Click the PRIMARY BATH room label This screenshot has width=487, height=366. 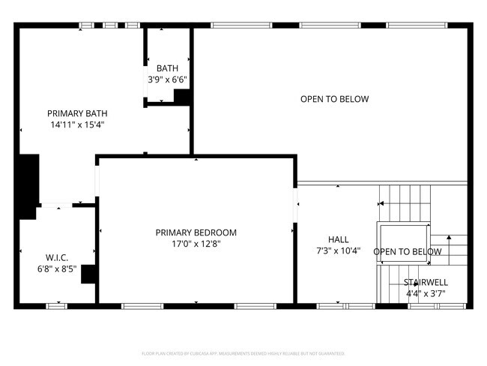point(76,112)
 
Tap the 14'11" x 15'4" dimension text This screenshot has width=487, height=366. point(76,124)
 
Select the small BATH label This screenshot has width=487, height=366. point(167,67)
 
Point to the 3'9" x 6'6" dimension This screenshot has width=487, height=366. point(167,79)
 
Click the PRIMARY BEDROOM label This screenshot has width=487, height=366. point(196,232)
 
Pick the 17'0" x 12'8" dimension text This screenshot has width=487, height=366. point(196,244)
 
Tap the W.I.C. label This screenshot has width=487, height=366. point(57,257)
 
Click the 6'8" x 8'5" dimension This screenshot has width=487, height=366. point(57,268)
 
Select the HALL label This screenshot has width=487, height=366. point(339,240)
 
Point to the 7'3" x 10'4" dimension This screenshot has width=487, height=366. point(339,251)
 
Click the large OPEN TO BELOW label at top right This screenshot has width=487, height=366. point(334,99)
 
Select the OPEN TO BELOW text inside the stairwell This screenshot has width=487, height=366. point(407,252)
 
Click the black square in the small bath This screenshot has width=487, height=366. point(182,96)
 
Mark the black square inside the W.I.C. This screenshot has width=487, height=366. point(88,274)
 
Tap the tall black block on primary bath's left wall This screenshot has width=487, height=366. point(28,184)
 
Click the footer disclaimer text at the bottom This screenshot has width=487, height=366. point(243,352)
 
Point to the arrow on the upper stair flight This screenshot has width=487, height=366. point(382,202)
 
